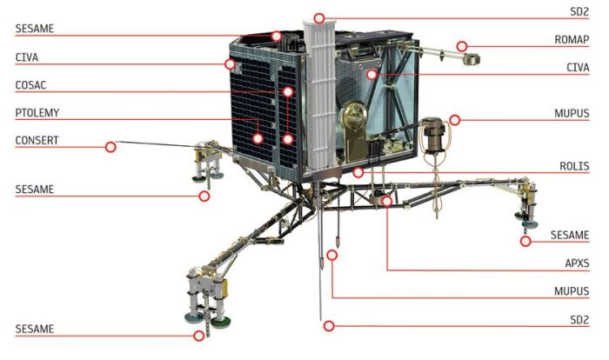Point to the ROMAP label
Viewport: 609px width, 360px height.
[x=572, y=40]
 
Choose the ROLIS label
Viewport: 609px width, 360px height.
[x=576, y=166]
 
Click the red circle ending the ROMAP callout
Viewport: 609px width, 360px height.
[x=463, y=46]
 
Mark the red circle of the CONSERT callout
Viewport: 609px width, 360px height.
[x=110, y=147]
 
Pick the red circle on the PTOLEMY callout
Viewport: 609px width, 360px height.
[x=258, y=137]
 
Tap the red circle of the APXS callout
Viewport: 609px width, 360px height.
[x=386, y=201]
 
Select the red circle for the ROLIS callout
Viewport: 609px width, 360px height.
[x=358, y=173]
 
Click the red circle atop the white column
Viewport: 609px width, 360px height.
[x=319, y=17]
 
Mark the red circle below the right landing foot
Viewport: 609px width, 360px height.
[x=525, y=241]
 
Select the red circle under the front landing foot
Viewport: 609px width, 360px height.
[x=199, y=336]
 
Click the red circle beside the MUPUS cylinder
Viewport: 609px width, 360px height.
[x=454, y=120]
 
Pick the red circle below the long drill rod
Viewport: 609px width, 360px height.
[x=328, y=326]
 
